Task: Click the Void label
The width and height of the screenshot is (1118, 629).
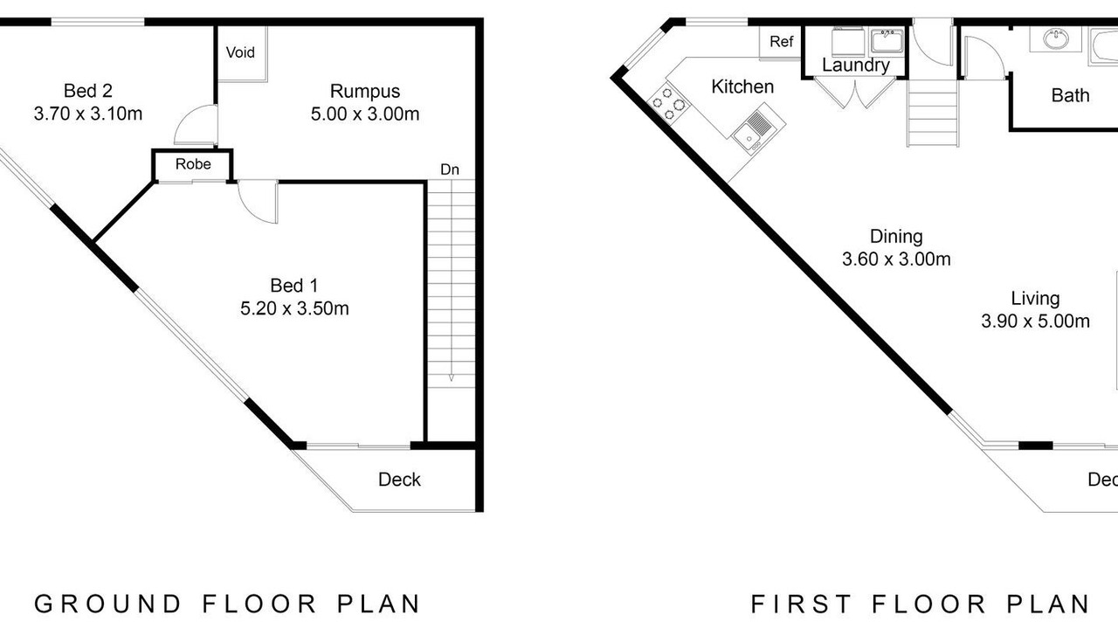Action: tap(240, 52)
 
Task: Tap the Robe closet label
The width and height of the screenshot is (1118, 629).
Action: tap(193, 164)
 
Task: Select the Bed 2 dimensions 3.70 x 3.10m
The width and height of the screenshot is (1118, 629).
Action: tap(88, 114)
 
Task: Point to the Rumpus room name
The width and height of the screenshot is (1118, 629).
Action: tap(365, 92)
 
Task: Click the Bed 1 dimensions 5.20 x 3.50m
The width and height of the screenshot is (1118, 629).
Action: tap(294, 308)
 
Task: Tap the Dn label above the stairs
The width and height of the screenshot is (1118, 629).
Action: tap(450, 169)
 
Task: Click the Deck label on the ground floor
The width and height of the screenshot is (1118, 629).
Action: tap(399, 480)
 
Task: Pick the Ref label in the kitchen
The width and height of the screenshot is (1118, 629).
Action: tap(781, 41)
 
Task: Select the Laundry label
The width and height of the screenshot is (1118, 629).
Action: tap(855, 66)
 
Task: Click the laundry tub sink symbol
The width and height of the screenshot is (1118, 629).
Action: tap(887, 41)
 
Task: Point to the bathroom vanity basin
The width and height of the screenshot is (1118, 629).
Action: tap(1056, 39)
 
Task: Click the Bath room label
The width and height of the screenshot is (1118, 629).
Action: tap(1070, 95)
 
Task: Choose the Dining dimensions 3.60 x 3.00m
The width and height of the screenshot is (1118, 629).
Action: tap(896, 259)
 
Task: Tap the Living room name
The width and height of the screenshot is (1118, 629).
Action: tap(1035, 299)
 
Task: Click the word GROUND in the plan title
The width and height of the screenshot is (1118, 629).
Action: tap(107, 604)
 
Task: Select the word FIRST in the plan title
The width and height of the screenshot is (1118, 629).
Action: tap(801, 604)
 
